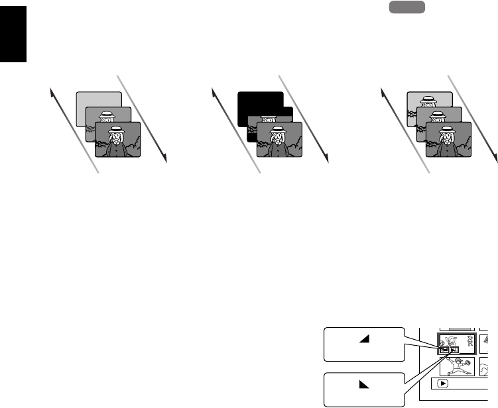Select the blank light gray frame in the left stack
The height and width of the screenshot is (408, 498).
pos(99,99)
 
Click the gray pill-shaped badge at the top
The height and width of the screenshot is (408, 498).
pos(406,7)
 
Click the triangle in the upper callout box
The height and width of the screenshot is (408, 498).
pos(364,338)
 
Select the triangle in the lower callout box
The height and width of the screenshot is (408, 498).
pos(364,384)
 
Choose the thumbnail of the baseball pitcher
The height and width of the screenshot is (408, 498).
pos(457,366)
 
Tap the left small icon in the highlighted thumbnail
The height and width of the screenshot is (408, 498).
pos(444,350)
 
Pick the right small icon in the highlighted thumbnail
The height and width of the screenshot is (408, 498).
pos(453,350)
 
